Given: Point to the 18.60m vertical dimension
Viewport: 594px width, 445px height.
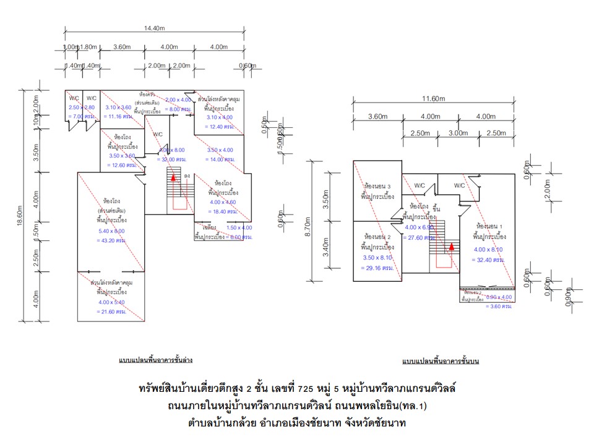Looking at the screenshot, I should pyautogui.click(x=20, y=208).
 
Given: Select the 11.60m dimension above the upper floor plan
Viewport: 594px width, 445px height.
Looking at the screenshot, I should pyautogui.click(x=433, y=98).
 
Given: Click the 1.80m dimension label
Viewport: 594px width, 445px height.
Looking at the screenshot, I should pyautogui.click(x=88, y=47).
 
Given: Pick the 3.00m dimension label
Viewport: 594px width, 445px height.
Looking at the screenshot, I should pyautogui.click(x=458, y=133).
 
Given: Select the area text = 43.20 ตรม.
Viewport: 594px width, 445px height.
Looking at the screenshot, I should pyautogui.click(x=111, y=240).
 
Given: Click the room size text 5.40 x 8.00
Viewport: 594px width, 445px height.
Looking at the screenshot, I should pyautogui.click(x=111, y=231).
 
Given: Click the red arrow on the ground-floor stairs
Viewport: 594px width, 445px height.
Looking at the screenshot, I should pyautogui.click(x=174, y=177).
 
